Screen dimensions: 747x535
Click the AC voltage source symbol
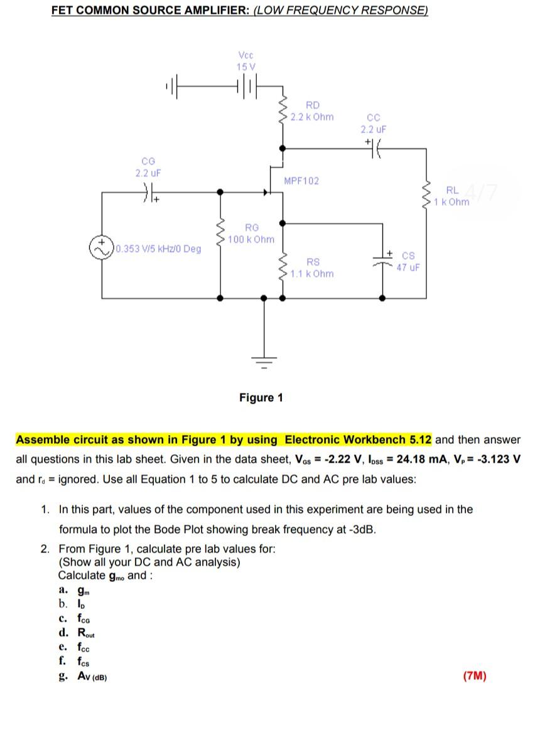[102, 247]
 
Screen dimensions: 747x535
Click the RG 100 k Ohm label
[251, 234]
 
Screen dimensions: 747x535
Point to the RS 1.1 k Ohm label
[312, 268]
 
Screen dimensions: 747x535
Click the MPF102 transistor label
[301, 181]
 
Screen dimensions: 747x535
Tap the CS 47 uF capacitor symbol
[383, 259]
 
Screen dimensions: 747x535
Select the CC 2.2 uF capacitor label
[373, 124]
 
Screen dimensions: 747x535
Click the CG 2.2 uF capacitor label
[148, 166]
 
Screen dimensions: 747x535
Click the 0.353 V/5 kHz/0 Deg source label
[159, 249]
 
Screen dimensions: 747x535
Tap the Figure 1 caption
[261, 397]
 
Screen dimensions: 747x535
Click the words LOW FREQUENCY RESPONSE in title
[341, 11]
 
